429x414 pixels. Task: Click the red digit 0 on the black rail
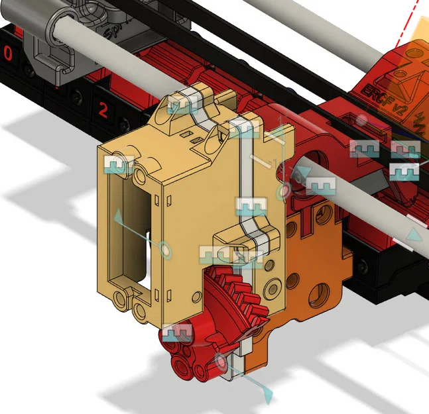7,54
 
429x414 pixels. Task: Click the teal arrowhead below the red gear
268,395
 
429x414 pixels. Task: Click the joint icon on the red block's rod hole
320,186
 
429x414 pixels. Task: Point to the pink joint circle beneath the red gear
222,362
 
